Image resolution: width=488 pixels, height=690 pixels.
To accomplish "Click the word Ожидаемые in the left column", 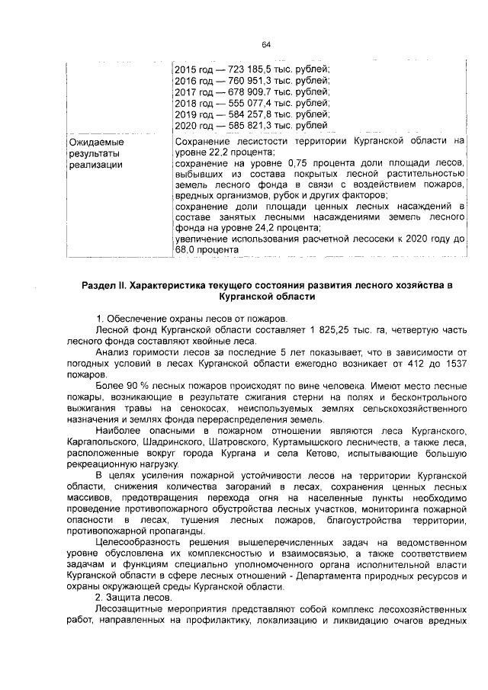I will click(x=96, y=142).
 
